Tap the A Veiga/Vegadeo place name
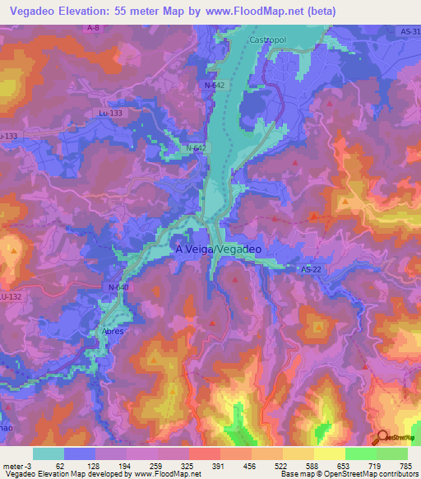coord(219,249)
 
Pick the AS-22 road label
coord(309,270)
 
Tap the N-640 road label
coord(118,286)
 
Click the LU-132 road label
coord(10,295)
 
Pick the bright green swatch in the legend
coord(360,453)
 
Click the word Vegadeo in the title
coord(35,11)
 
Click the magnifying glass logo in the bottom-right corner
coord(382,438)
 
